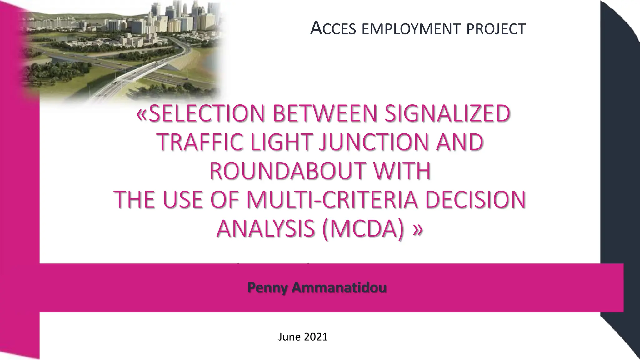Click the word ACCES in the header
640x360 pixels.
coord(333,28)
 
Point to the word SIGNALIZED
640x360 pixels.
coord(447,113)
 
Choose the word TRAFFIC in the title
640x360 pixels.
coord(200,142)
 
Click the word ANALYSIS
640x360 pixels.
coord(266,228)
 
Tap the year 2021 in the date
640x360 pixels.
coord(316,337)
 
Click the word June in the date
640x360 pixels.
coord(289,337)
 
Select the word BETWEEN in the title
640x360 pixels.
coord(325,113)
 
